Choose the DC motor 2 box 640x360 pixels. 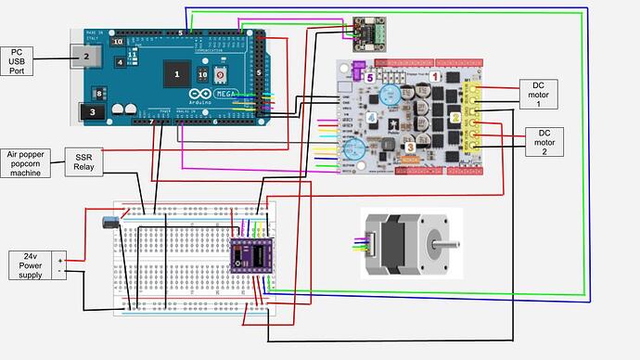[544, 143]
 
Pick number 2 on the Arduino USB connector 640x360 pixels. [85, 57]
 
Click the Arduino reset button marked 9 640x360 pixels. [220, 74]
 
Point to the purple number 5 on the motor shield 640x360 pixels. [369, 79]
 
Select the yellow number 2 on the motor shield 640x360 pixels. [456, 118]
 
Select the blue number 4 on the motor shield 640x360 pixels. [371, 118]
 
